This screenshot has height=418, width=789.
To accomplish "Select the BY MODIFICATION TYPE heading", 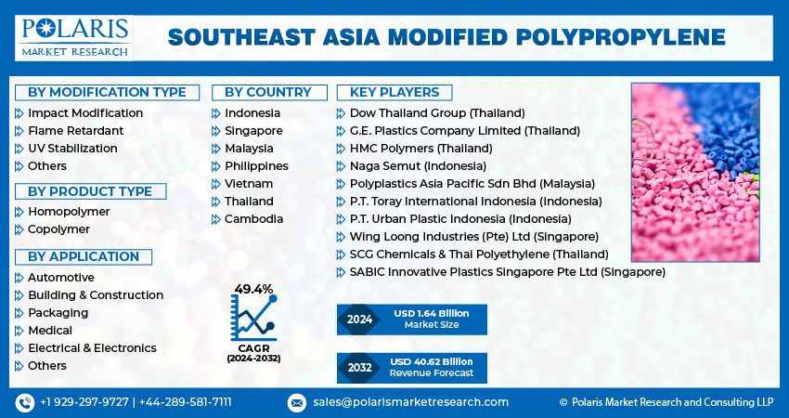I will (107, 92).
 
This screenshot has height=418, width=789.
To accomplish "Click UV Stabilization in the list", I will (72, 149).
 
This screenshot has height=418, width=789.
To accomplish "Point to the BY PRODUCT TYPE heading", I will (90, 191).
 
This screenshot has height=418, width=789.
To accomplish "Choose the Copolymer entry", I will (58, 229).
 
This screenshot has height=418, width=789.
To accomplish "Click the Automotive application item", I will (61, 278).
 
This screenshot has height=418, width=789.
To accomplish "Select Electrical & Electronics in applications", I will (92, 348).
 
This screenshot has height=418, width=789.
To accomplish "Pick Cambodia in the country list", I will (253, 219).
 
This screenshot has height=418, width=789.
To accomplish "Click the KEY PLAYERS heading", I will (394, 92).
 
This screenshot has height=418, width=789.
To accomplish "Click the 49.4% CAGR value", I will (253, 289).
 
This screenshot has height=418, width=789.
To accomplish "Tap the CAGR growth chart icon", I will (253, 319).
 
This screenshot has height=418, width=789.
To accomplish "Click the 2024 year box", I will (359, 320).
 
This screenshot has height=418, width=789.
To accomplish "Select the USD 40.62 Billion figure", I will (431, 361).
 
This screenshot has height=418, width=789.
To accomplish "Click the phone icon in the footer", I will (24, 402).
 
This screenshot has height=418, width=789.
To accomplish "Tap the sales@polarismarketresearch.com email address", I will (409, 402).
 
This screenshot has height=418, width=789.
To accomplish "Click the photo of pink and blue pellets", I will (694, 172).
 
